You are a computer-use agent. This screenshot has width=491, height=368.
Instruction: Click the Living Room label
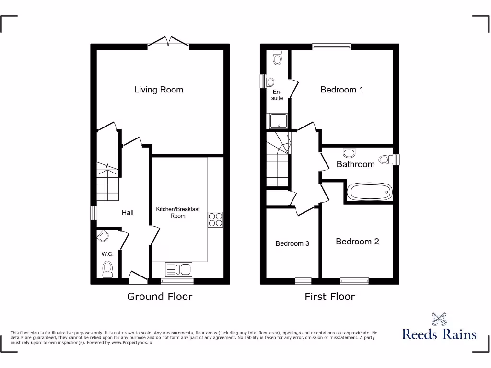point(158,90)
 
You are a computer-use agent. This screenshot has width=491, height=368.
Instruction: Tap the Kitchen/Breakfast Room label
point(178,213)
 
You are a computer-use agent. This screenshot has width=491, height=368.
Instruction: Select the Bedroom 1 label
point(341,90)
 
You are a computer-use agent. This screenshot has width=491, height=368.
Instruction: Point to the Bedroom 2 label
point(357,241)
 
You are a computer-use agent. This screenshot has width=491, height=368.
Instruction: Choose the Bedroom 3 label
point(292,243)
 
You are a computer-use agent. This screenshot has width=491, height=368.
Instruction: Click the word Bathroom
point(355,164)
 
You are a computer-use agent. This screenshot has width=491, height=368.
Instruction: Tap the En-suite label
point(277,95)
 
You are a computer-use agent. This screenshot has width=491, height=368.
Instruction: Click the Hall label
point(128,213)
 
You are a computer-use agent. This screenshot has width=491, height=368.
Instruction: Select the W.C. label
point(107,254)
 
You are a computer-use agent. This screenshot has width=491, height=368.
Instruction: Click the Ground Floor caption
point(159,297)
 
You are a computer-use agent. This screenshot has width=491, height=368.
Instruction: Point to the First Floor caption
point(329,297)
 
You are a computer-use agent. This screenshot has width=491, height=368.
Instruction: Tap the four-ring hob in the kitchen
point(215,219)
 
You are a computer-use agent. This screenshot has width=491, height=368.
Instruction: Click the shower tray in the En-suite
point(277,121)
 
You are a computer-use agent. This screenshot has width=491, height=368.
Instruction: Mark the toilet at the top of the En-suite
point(277,58)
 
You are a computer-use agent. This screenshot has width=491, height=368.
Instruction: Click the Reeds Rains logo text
point(439,334)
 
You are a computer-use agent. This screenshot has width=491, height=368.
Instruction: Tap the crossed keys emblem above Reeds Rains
point(439,318)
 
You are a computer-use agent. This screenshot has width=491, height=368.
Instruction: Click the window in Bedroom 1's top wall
point(331,46)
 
